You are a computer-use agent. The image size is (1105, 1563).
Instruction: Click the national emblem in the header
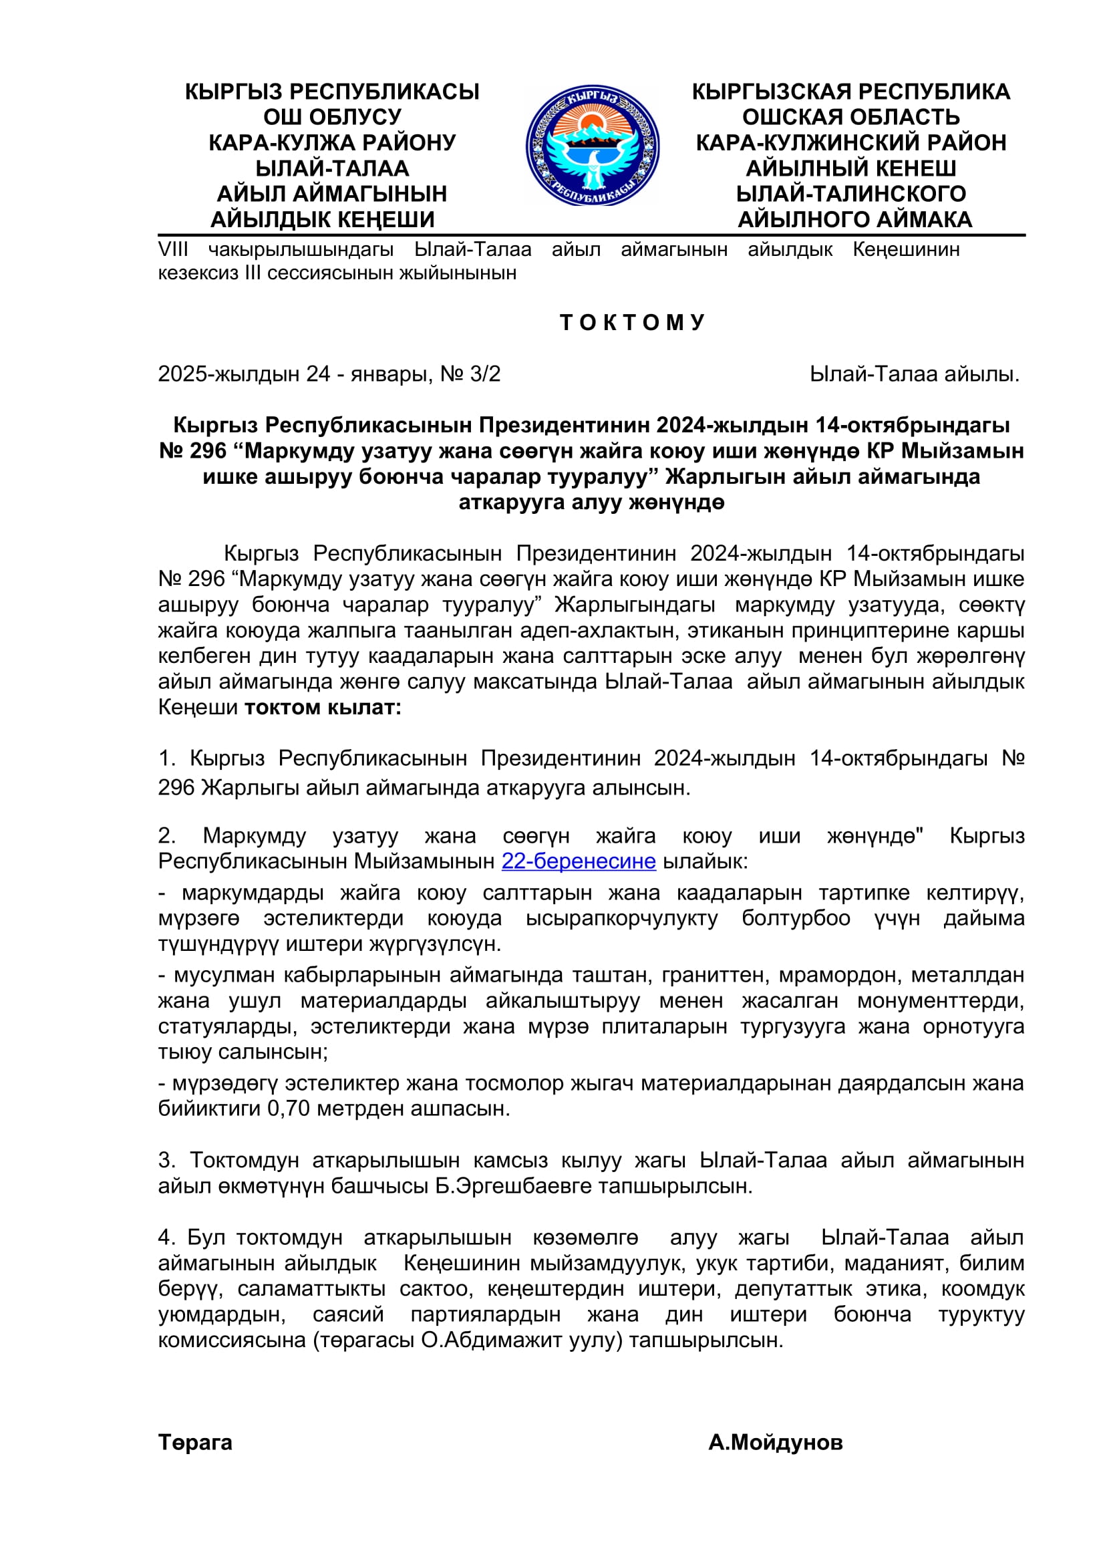592,145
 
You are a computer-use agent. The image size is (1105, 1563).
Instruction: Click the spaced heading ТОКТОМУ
632,322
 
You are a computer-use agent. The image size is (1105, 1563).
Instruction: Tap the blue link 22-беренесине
579,861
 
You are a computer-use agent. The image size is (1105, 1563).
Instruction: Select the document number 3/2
485,374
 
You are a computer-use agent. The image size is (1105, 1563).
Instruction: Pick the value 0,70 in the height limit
289,1108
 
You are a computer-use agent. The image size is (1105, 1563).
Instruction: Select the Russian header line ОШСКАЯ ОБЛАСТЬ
850,117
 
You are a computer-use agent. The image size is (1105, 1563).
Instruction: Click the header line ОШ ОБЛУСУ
332,117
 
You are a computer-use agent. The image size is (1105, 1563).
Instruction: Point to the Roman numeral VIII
173,249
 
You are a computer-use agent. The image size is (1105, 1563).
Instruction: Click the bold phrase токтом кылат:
323,707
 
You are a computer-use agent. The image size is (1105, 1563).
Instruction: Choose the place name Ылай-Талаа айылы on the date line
914,374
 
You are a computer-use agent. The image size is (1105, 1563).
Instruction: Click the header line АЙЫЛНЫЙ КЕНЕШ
850,168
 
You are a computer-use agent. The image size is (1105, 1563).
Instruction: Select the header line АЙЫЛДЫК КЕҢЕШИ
323,219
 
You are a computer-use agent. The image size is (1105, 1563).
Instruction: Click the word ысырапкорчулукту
622,917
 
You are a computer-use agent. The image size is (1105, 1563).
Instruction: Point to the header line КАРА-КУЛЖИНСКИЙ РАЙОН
850,143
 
